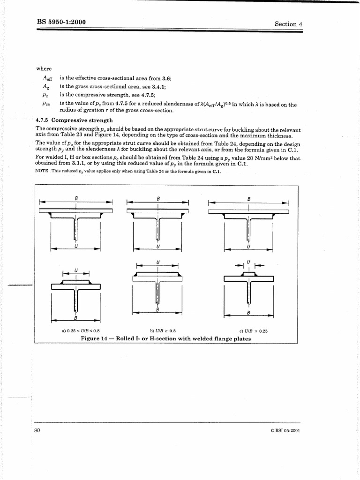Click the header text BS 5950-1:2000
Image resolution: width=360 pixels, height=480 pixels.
[x=61, y=22]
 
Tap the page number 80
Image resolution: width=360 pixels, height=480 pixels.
[x=38, y=431]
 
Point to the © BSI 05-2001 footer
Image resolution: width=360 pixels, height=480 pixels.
[x=285, y=431]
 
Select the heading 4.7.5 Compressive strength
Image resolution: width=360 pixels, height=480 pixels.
[x=74, y=120]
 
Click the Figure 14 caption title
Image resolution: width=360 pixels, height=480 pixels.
[x=165, y=338]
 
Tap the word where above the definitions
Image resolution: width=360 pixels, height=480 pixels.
[x=44, y=69]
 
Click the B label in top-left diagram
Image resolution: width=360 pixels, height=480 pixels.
[x=76, y=198]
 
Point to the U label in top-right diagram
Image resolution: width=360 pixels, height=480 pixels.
[x=248, y=247]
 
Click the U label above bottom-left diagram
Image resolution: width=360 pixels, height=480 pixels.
[x=76, y=270]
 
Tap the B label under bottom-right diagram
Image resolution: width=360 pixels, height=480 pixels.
[x=248, y=313]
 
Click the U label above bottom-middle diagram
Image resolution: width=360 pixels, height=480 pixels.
[x=157, y=262]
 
